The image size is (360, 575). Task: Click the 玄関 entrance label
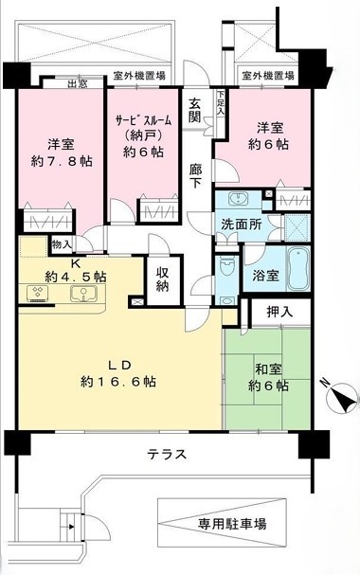point(194,110)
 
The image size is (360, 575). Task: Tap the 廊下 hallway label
point(195,176)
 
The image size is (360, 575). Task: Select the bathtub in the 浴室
point(297,268)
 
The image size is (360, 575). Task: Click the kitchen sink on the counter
point(83,294)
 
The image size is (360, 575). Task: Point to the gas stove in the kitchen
point(38,294)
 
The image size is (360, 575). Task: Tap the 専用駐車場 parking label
point(232,524)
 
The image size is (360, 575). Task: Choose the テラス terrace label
point(167,455)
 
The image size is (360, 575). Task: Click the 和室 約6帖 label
point(268,378)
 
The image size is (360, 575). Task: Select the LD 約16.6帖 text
point(118,373)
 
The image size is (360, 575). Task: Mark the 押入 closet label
point(279,312)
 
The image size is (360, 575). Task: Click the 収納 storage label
point(162,279)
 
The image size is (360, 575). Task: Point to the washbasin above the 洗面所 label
point(239,198)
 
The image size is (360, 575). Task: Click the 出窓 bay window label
point(78,83)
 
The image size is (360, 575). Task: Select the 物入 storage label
point(62,244)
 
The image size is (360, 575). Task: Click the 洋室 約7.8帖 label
point(62,153)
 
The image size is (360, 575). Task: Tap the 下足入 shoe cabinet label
point(221,104)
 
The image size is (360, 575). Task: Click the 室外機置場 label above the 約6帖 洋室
point(268,76)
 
